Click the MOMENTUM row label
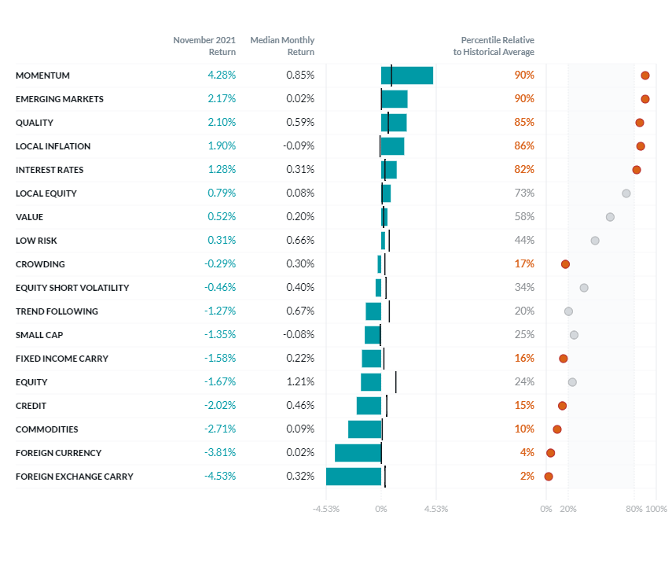point(42,75)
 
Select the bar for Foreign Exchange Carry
point(354,477)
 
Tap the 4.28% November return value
point(222,75)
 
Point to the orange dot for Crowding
point(565,264)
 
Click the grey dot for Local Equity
point(626,193)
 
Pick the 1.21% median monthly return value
point(300,382)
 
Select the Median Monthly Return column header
point(282,46)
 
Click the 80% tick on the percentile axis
point(634,509)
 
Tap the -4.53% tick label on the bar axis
point(326,509)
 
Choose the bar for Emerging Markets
point(395,99)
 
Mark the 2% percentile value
point(527,477)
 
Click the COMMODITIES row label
point(46,429)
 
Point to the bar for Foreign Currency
point(358,453)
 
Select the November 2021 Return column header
point(204,46)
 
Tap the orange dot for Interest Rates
point(637,170)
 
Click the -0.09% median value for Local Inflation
point(299,146)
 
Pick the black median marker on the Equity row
point(395,382)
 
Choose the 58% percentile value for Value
point(524,217)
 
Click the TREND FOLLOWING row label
point(57,311)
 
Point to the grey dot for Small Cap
point(574,335)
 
